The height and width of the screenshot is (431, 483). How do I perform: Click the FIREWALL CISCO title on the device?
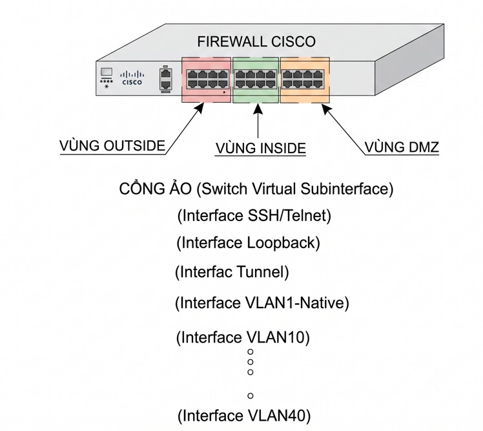tap(256, 41)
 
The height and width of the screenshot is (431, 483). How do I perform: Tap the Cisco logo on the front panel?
tap(132, 78)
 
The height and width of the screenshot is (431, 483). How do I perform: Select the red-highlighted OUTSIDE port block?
tap(207, 79)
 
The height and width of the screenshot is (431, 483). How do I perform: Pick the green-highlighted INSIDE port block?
tap(256, 79)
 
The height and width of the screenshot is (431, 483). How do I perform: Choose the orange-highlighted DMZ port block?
tap(305, 79)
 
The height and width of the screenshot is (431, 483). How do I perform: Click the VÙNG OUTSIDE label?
tap(112, 146)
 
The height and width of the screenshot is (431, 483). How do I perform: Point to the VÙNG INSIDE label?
tap(261, 148)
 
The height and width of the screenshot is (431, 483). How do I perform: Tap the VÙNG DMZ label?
tap(402, 147)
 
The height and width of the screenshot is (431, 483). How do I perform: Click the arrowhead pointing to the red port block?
tap(200, 108)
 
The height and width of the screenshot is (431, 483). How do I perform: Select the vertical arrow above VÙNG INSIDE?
tap(258, 121)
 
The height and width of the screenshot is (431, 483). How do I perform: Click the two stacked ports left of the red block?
tap(166, 80)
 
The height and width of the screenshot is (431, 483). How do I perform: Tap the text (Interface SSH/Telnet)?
tap(254, 216)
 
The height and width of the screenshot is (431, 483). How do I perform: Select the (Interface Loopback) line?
tap(248, 242)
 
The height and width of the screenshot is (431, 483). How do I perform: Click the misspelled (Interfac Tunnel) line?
tap(232, 272)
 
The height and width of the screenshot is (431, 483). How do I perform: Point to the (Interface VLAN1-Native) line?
tap(262, 303)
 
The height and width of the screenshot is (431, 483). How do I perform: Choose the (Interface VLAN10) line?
tap(243, 337)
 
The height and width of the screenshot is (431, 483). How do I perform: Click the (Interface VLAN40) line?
tap(244, 415)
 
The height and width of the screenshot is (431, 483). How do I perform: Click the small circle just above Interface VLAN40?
tap(251, 395)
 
